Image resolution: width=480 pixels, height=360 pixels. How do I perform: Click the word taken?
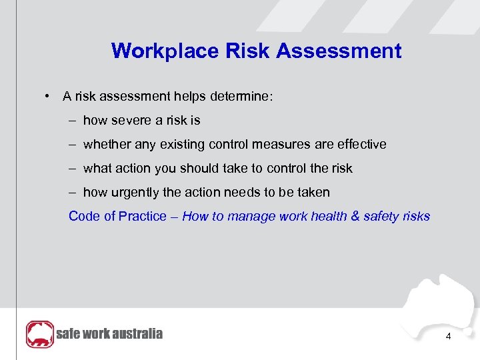[x=313, y=193]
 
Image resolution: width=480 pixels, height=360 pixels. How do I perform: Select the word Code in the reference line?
[x=84, y=217]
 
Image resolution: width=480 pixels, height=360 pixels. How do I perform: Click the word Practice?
[x=142, y=217]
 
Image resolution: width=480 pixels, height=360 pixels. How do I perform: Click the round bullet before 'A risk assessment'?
[x=49, y=97]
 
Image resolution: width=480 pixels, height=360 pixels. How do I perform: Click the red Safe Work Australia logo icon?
[x=39, y=334]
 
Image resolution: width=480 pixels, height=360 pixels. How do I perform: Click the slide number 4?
[x=448, y=337]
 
